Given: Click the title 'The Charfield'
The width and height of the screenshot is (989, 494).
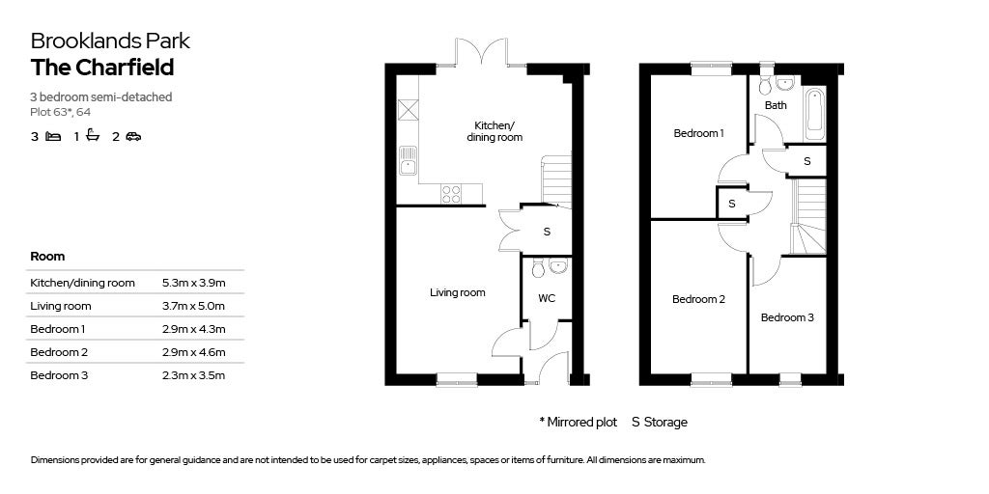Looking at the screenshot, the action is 102,68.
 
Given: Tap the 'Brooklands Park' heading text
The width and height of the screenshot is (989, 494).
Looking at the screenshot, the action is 110,41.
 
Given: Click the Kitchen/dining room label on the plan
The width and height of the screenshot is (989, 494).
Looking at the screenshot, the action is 494,130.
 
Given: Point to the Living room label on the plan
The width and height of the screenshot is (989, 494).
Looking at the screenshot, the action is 457,292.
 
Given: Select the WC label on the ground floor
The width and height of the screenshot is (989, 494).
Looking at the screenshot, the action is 547,299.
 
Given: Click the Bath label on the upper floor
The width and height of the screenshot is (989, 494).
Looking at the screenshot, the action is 776,105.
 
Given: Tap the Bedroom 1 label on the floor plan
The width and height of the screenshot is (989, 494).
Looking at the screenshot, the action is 698,133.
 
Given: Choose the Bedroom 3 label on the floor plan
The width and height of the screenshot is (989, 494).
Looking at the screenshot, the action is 786,317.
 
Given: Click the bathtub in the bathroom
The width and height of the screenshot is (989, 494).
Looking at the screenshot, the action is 813,116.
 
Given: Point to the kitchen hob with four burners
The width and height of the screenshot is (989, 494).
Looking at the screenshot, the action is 451,194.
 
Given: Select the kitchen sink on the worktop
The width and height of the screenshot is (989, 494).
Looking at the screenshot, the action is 408,160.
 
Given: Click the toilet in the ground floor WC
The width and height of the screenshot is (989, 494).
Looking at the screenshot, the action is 538,267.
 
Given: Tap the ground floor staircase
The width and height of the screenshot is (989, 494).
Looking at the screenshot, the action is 556,181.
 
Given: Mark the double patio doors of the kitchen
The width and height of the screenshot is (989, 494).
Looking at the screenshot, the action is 482,52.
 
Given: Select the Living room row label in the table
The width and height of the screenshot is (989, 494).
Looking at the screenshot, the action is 61,306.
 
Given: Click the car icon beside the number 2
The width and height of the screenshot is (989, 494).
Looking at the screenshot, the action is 133,136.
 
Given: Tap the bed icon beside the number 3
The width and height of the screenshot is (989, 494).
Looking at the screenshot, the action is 54,136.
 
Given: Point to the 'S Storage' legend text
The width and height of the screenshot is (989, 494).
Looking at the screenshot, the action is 659,423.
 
